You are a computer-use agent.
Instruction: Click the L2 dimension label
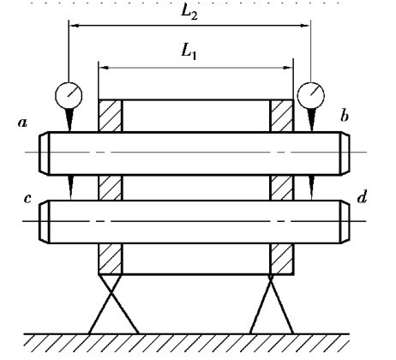pos(189,13)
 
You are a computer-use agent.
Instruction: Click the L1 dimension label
pos(189,52)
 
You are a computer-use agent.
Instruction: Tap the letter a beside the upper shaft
pos(22,123)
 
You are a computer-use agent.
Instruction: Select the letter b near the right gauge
pos(345,116)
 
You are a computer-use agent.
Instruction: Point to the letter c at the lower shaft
pos(27,198)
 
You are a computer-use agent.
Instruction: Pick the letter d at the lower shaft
pos(362,196)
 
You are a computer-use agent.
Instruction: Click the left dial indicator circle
pos(69,96)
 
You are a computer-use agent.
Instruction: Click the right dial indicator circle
pos(311,96)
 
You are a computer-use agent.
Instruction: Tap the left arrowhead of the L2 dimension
pos(74,26)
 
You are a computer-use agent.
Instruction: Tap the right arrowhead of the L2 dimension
pos(304,26)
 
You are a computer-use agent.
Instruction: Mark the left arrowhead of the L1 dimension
pos(104,68)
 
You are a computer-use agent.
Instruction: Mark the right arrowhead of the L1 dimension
pos(288,68)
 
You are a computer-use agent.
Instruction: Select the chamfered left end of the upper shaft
pos(44,153)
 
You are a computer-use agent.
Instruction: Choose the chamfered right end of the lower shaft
pos(345,222)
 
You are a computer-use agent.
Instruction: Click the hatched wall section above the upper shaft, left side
pos(110,116)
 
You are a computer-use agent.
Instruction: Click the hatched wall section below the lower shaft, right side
pos(282,259)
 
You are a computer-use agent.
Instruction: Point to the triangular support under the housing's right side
pos(271,304)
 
